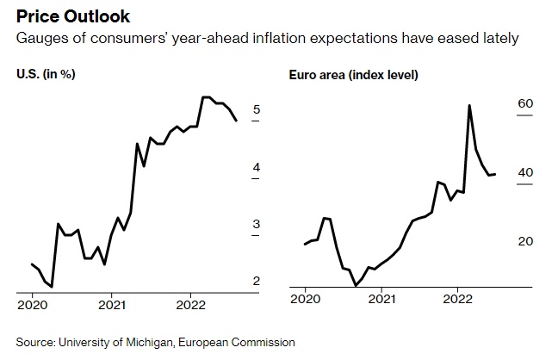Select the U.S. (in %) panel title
(46, 74)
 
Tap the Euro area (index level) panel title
(353, 75)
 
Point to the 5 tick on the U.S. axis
(257, 109)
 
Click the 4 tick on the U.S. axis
(257, 167)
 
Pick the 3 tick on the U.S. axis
(257, 224)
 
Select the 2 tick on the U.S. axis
(257, 281)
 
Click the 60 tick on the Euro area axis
(525, 103)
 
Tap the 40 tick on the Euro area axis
(525, 172)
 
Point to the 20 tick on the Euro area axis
(525, 241)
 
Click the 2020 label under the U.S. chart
(32, 304)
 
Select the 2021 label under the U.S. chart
(111, 304)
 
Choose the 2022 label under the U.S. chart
(191, 304)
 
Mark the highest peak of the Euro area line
(468, 105)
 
